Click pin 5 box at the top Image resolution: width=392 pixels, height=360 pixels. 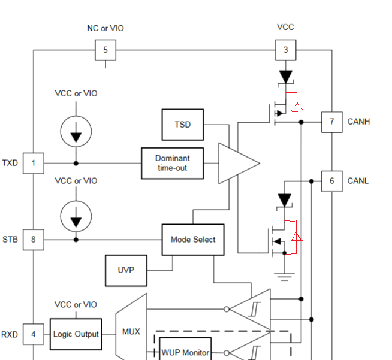tap(105, 50)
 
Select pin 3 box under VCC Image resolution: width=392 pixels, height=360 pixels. tap(285, 50)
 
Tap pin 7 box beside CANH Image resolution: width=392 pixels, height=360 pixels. tap(331, 122)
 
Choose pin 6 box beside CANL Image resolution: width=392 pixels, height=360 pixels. tap(331, 181)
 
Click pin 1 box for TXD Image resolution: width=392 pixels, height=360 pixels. tap(34, 163)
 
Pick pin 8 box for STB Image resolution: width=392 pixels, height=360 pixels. tap(34, 240)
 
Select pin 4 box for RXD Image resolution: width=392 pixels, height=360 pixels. tap(34, 334)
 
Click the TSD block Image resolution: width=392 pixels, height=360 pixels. tap(183, 125)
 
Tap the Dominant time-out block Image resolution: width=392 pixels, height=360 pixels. tap(173, 163)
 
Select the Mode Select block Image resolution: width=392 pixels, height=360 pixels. tap(192, 240)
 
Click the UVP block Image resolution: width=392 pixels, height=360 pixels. tap(125, 270)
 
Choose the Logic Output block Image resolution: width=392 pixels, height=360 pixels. tap(76, 334)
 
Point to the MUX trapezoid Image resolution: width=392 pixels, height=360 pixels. tap(131, 331)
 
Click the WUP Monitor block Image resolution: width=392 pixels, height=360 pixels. tap(186, 352)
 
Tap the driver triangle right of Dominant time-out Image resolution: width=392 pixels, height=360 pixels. tap(237, 163)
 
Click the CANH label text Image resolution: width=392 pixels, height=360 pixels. tap(358, 122)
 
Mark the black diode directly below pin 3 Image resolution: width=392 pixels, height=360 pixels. tap(285, 77)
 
